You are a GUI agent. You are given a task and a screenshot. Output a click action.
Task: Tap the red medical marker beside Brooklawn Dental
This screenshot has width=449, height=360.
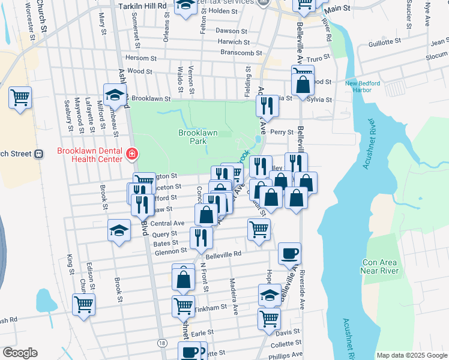pyautogui.click(x=131, y=155)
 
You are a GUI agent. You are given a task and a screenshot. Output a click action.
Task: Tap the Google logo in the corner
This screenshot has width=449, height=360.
pyautogui.click(x=20, y=353)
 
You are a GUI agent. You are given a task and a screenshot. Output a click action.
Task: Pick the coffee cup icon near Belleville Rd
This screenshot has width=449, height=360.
pyautogui.click(x=290, y=253)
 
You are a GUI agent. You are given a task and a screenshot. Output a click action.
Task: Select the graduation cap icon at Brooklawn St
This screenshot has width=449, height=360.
pyautogui.click(x=115, y=94)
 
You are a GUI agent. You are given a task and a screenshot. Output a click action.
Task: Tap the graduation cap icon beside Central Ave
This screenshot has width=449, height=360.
pyautogui.click(x=119, y=229)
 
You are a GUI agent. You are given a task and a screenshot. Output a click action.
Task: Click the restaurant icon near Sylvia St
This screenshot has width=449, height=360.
pyautogui.click(x=266, y=106)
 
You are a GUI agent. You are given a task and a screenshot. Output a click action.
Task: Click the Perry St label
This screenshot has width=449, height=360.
pyautogui.click(x=282, y=132)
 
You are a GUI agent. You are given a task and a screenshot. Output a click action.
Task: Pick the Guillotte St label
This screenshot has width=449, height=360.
pyautogui.click(x=384, y=41)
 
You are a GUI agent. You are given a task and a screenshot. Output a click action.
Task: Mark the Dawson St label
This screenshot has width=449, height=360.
pyautogui.click(x=228, y=31)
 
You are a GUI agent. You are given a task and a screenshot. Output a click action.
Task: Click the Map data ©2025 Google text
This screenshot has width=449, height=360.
pyautogui.click(x=411, y=355)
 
